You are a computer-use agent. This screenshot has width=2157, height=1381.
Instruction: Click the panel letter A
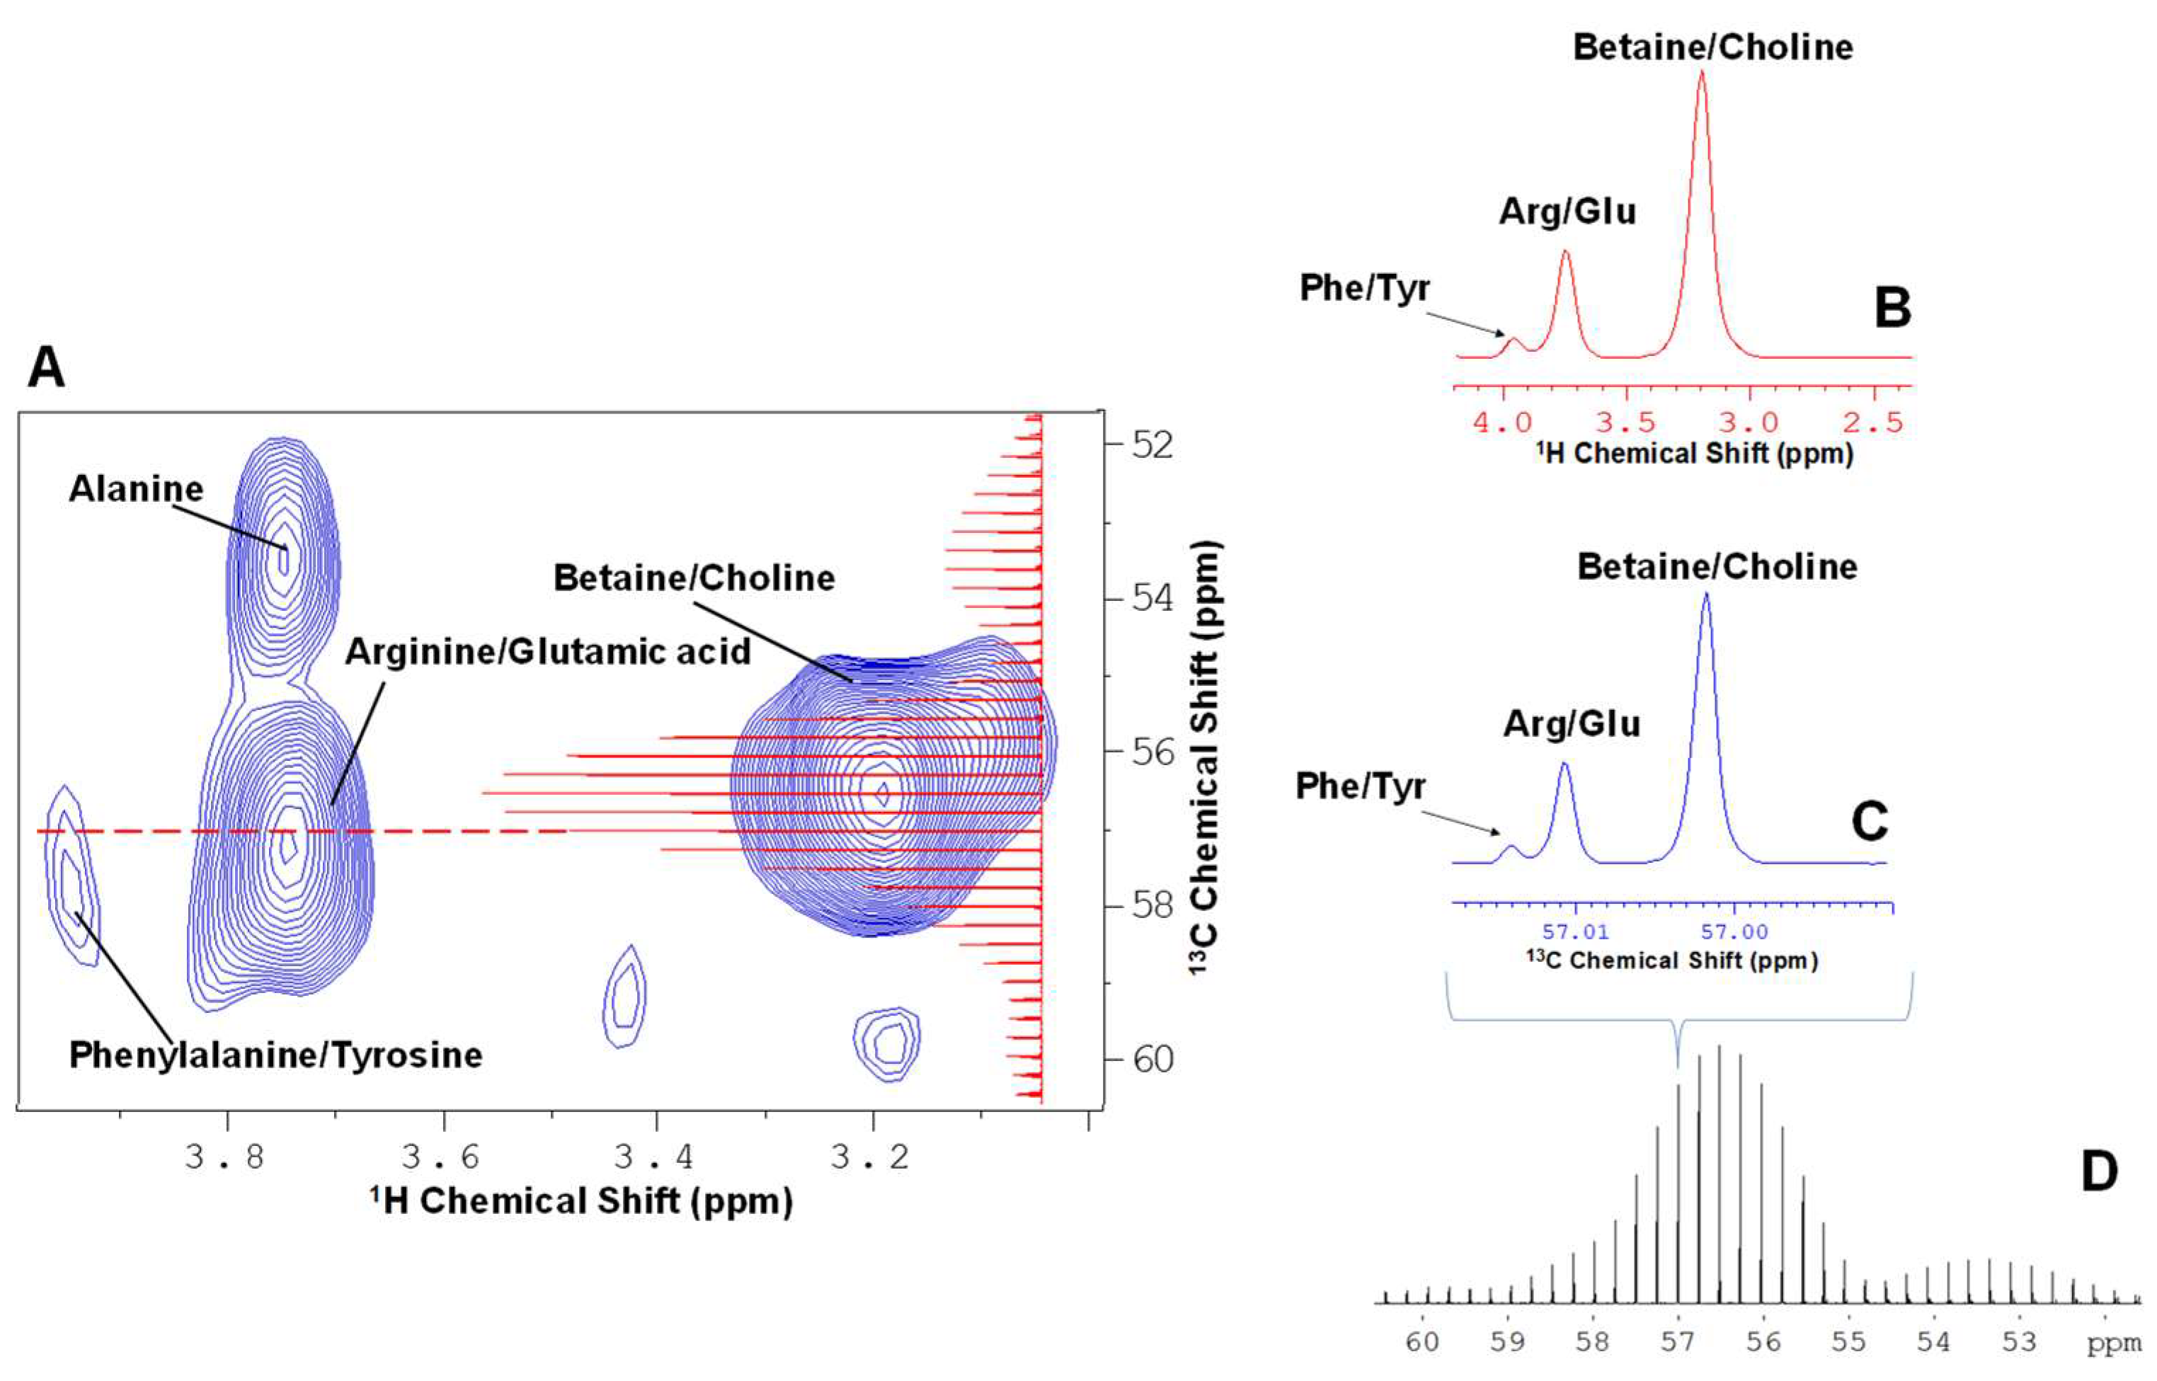tap(47, 367)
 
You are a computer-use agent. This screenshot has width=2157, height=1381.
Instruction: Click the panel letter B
tap(1892, 308)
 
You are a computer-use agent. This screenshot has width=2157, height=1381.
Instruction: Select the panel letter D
tap(2099, 1171)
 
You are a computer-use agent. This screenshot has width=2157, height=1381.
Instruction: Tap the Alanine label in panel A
tap(137, 488)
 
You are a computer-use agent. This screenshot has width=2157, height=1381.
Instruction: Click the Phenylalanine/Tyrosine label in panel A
tap(275, 1055)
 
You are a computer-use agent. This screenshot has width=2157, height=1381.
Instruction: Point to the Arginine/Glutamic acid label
tap(548, 652)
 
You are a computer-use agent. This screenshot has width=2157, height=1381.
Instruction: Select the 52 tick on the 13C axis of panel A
tap(1152, 444)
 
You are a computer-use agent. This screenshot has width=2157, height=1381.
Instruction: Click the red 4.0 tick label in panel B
tap(1502, 421)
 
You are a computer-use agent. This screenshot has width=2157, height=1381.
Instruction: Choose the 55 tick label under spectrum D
tap(1848, 1343)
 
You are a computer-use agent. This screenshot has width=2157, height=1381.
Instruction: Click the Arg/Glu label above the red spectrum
tap(1568, 212)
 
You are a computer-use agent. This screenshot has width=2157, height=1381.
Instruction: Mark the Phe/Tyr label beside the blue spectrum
tap(1360, 786)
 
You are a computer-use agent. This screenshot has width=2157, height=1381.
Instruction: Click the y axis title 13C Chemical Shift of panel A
tap(1206, 758)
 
